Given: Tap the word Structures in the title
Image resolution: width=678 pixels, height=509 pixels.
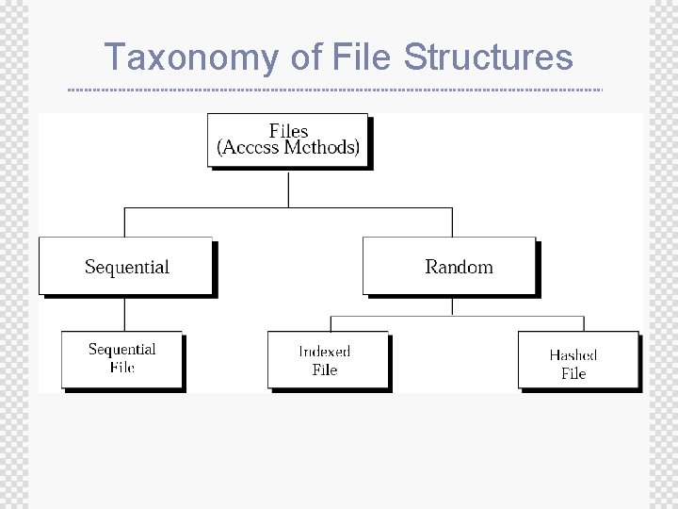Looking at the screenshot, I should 488,57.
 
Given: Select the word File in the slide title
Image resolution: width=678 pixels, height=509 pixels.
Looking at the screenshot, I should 363,57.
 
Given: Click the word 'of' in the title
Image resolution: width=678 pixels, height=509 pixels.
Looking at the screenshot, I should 306,57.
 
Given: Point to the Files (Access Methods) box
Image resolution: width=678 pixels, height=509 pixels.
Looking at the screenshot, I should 287,140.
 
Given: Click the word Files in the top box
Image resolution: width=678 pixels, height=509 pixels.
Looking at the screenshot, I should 288,131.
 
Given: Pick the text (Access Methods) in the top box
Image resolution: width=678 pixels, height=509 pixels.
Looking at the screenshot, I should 288,148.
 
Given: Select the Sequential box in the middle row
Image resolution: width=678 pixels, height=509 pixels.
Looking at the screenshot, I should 125,266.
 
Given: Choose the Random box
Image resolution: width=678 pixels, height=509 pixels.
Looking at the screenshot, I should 449,266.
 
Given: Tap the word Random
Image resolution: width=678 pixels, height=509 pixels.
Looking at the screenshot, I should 459,267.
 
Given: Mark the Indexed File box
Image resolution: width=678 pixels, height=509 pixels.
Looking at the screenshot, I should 327,359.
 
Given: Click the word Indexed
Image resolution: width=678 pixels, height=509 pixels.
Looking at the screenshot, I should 325,352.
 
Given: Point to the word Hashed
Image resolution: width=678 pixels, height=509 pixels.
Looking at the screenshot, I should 573,355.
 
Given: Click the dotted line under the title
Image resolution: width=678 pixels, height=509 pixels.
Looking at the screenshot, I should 334,90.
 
